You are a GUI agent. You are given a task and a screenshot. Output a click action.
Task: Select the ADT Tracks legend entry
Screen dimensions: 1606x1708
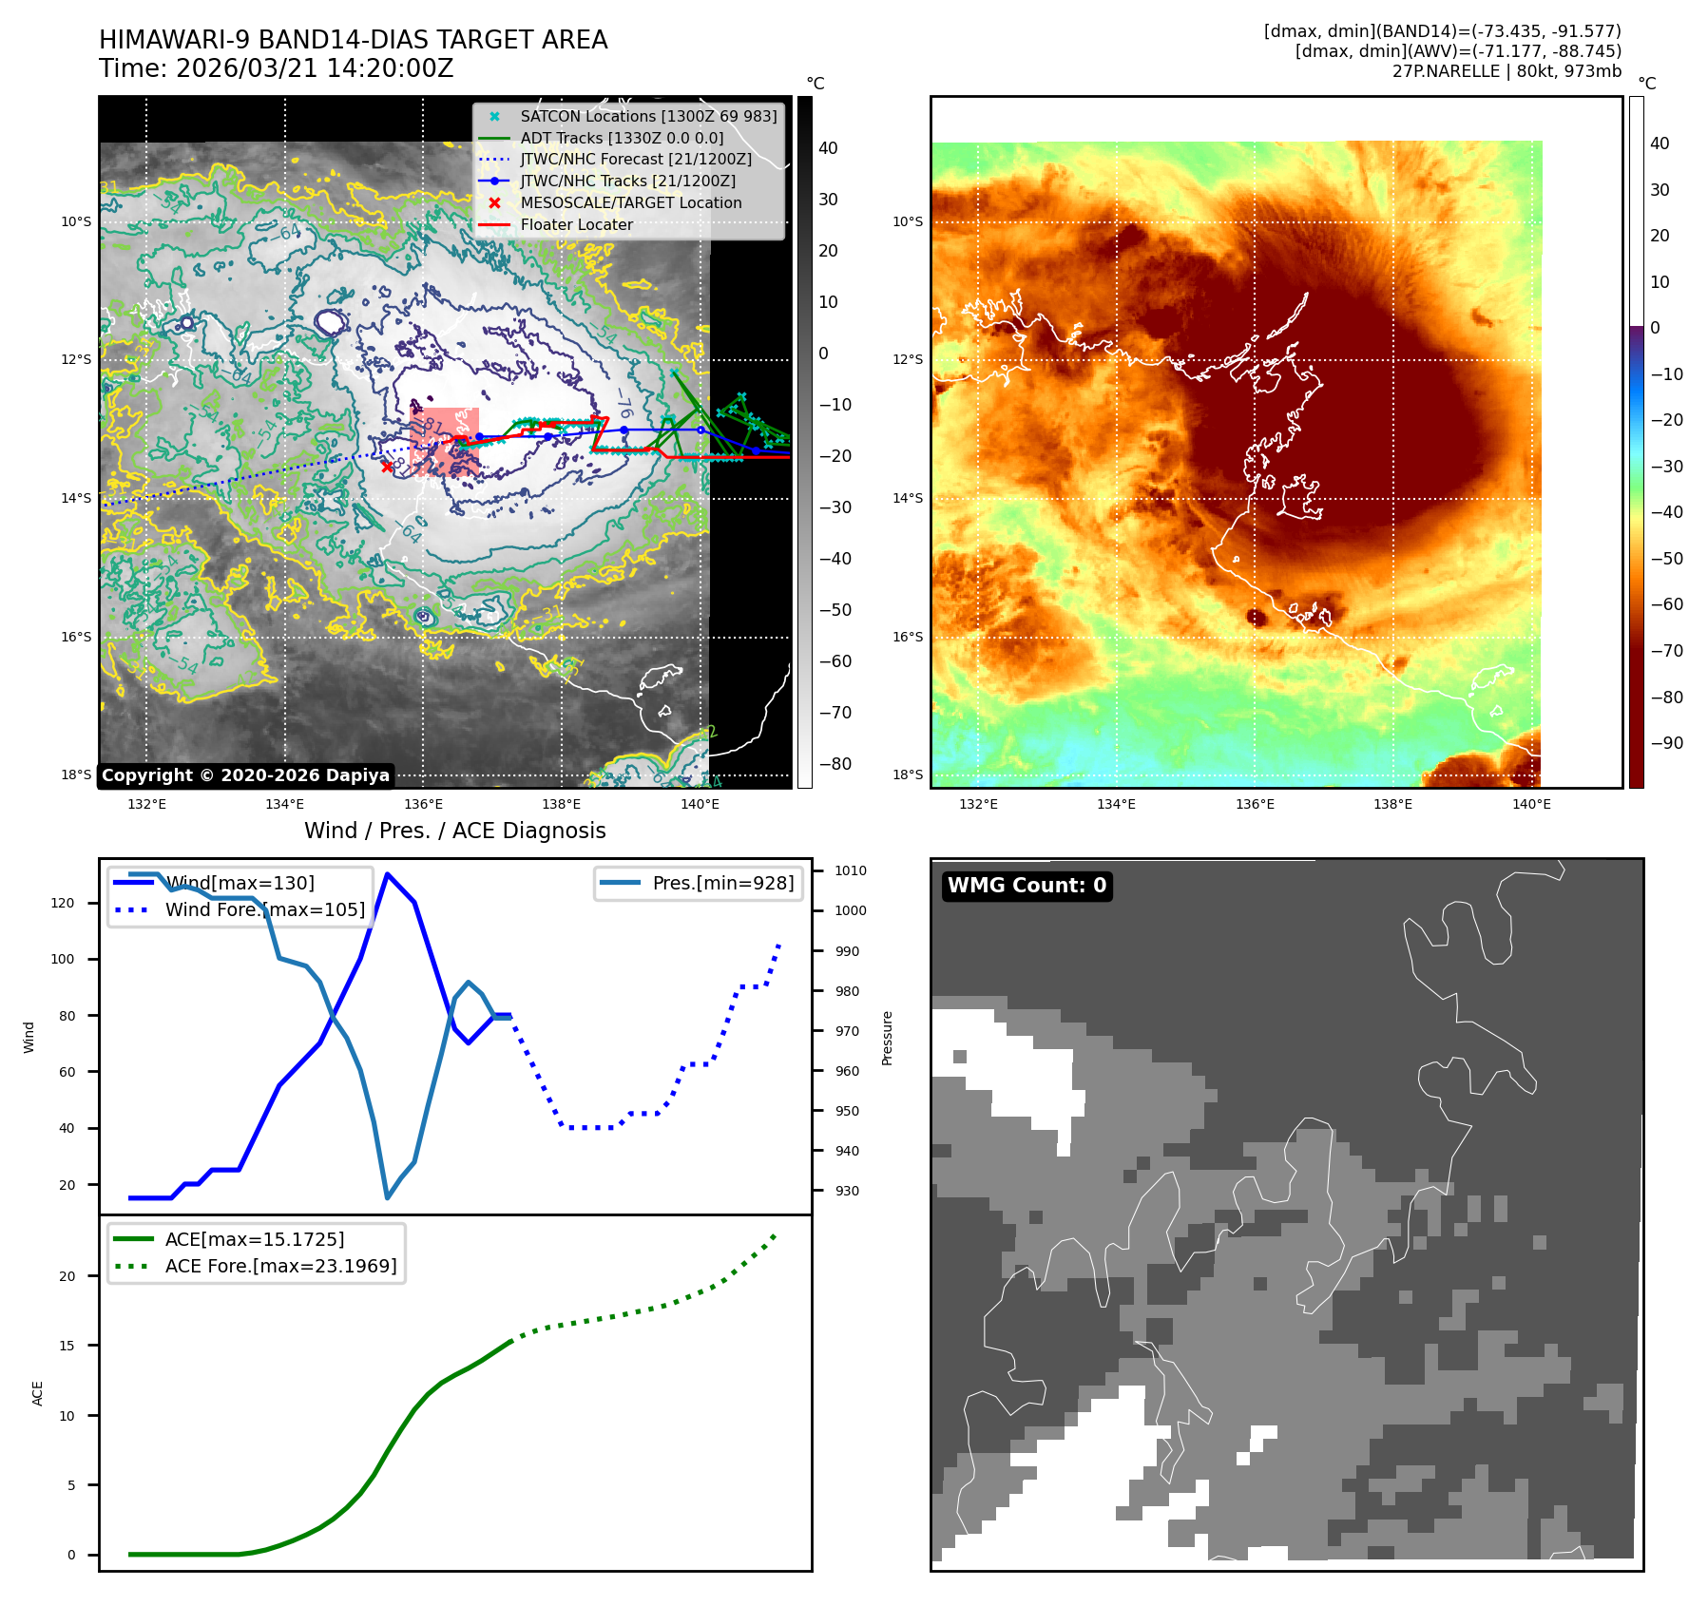click(622, 138)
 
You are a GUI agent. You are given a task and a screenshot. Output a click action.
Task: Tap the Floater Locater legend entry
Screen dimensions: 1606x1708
click(576, 224)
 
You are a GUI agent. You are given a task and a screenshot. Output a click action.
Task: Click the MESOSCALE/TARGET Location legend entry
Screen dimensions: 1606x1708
click(630, 202)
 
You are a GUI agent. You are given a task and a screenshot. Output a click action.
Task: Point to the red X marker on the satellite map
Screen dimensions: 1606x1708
click(387, 466)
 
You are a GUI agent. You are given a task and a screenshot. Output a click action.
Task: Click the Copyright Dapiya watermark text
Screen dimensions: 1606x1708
click(245, 775)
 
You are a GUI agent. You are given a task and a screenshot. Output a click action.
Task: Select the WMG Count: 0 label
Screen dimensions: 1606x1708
click(1027, 886)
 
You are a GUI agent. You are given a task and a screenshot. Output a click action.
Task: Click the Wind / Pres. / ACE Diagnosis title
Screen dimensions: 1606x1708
click(454, 831)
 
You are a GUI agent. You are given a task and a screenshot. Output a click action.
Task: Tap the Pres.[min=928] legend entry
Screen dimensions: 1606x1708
click(722, 883)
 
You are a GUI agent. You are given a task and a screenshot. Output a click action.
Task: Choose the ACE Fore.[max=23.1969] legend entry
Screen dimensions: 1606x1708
click(280, 1266)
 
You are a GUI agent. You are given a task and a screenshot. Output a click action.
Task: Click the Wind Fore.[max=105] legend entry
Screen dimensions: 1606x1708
click(264, 909)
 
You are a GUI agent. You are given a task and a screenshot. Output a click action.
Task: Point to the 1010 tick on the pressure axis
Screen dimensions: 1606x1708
click(851, 870)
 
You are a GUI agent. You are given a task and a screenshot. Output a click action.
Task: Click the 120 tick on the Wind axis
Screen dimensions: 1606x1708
click(63, 903)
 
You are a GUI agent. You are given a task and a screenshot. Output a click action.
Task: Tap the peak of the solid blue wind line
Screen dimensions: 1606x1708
click(387, 873)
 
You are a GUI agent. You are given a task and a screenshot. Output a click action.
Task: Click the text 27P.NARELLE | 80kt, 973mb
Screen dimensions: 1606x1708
click(1506, 71)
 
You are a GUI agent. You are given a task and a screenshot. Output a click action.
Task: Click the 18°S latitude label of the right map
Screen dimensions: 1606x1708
click(908, 774)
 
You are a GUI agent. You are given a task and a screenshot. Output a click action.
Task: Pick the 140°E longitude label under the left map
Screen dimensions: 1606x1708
click(700, 804)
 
